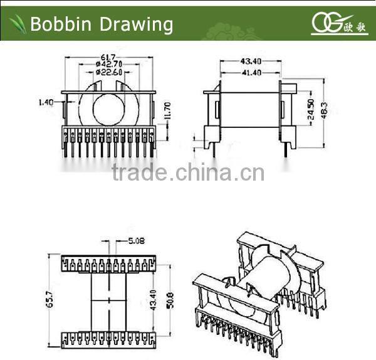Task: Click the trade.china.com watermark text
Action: tap(188, 172)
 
